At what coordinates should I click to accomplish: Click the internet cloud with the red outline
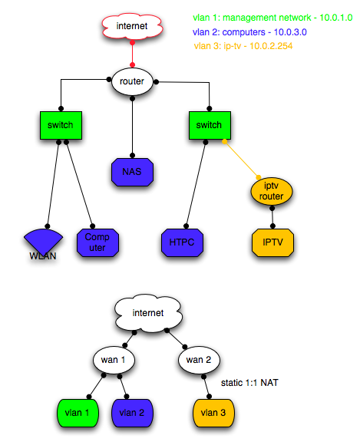(132, 28)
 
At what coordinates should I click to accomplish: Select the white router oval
(133, 81)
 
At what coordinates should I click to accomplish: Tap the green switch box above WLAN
(60, 126)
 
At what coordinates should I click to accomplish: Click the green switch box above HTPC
(210, 126)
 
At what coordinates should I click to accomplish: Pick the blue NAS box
(133, 170)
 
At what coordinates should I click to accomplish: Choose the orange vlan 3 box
(213, 412)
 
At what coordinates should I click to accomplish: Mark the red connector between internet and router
(132, 54)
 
